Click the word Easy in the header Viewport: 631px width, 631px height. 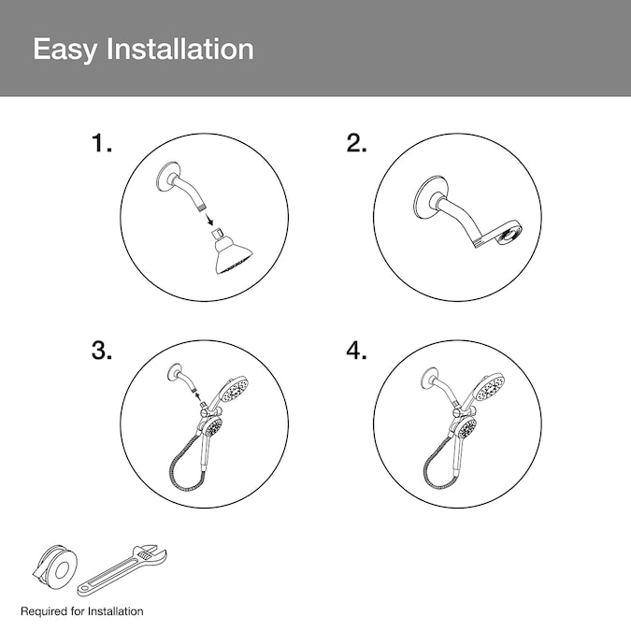[x=65, y=50]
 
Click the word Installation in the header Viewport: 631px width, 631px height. [x=179, y=49]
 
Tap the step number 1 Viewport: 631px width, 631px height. [x=101, y=143]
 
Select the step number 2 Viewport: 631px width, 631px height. [x=356, y=143]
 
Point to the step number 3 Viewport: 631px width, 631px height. [x=101, y=351]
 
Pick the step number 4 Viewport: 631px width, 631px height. [x=356, y=351]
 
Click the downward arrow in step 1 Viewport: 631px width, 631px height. [x=208, y=220]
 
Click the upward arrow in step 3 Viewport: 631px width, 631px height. [x=197, y=398]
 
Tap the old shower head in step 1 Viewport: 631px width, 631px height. [x=232, y=252]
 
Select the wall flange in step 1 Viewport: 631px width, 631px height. [x=165, y=177]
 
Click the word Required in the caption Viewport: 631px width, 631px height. [x=44, y=611]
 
